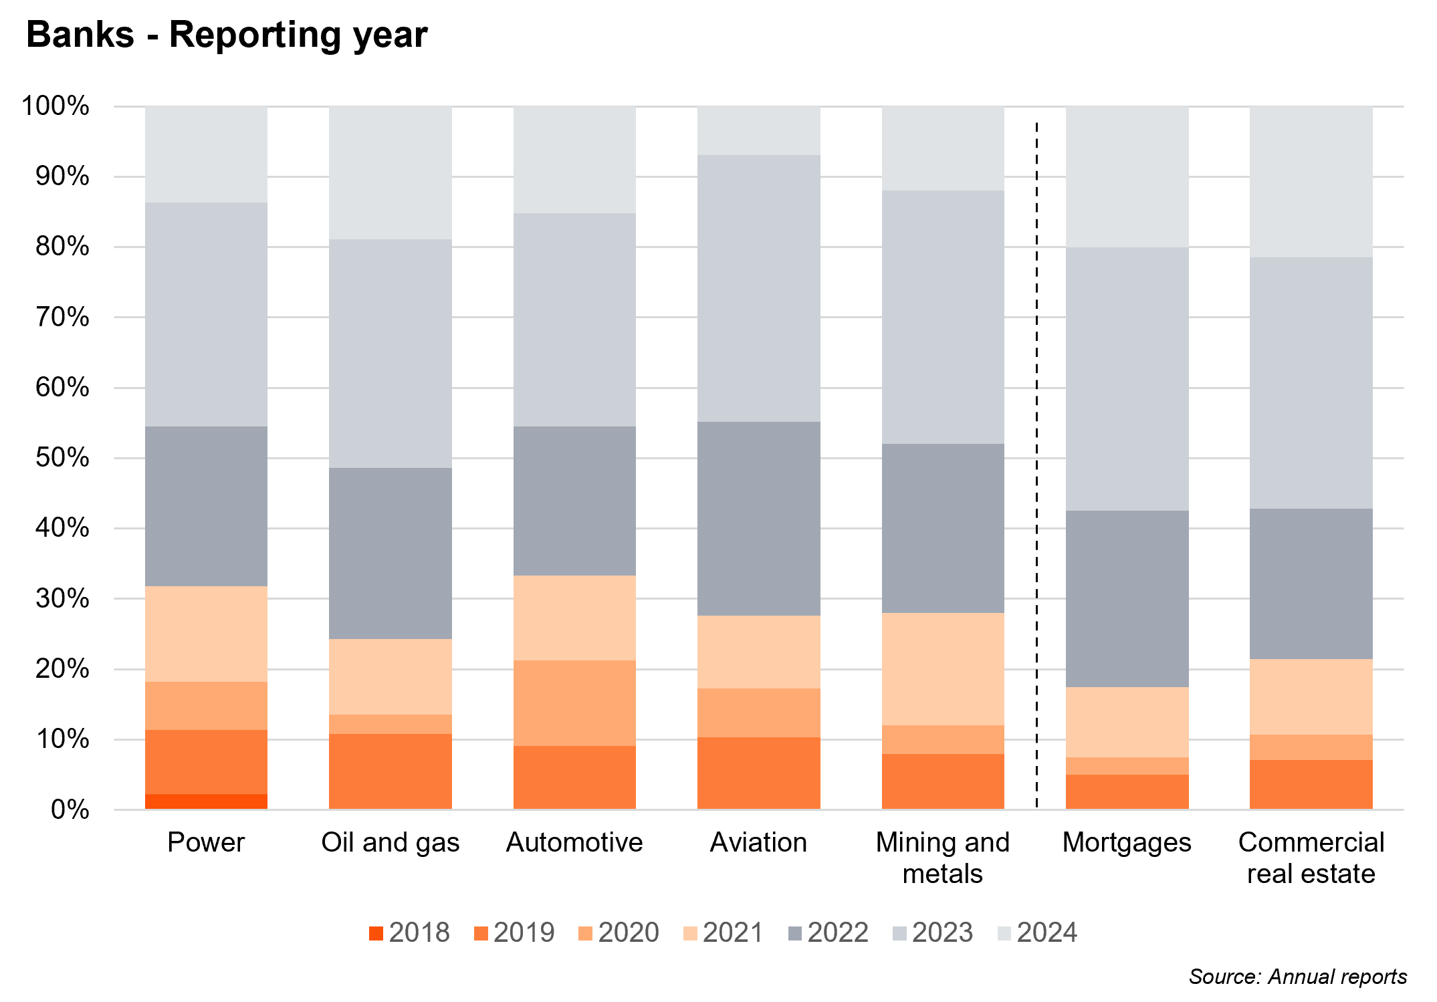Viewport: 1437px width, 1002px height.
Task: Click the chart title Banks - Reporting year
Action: (227, 35)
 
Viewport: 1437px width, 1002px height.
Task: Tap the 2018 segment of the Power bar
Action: (206, 801)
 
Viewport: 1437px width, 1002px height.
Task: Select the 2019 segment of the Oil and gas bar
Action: (390, 771)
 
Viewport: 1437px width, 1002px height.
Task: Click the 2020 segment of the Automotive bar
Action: (574, 703)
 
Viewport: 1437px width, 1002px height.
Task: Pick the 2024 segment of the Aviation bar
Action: (758, 131)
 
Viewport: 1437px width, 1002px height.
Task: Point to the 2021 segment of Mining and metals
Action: (943, 669)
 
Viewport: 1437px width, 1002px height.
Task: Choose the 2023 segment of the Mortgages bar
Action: (1127, 379)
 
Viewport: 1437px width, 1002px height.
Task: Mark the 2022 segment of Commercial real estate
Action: (1311, 584)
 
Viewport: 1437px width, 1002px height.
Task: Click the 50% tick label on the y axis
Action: (62, 458)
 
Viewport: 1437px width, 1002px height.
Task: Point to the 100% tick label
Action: (56, 106)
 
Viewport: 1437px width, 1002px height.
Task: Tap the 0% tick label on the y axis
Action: (70, 810)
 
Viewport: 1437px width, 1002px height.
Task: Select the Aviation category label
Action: (758, 842)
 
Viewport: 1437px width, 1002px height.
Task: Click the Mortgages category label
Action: (1127, 842)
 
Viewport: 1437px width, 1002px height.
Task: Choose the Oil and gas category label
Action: (390, 842)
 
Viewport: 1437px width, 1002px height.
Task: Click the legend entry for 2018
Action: (409, 932)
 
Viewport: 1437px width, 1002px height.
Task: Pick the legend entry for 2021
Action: (723, 932)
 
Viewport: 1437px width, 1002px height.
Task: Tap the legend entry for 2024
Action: (1037, 932)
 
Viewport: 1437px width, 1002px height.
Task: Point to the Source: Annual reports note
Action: (1297, 977)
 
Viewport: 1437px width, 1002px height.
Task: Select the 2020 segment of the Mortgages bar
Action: (1127, 766)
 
